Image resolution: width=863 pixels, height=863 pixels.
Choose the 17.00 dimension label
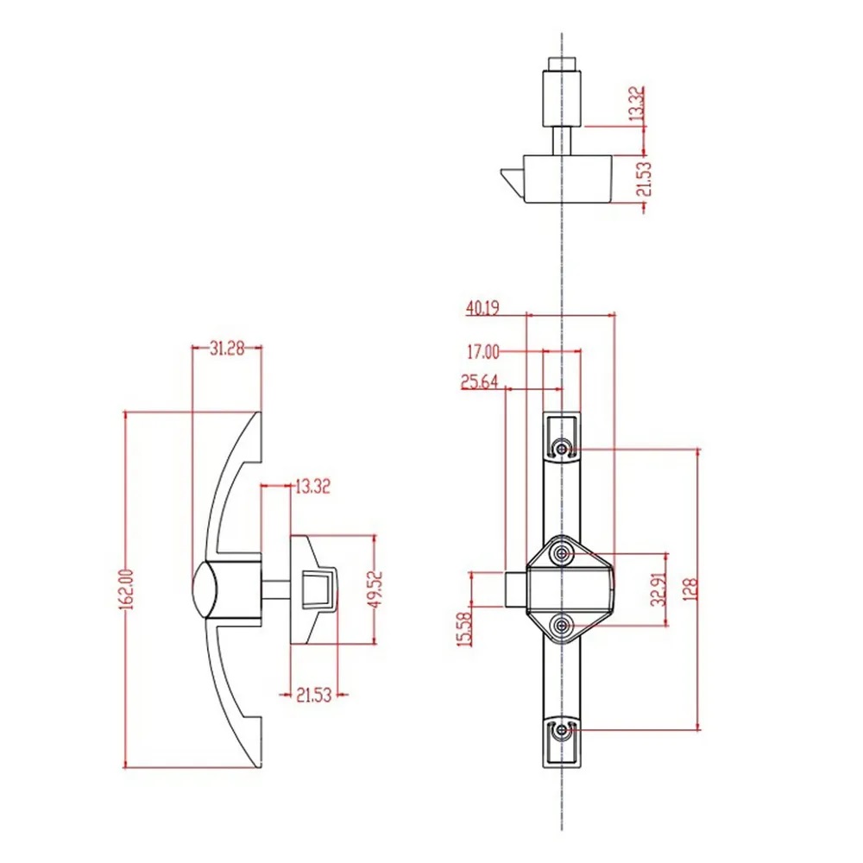pyautogui.click(x=482, y=351)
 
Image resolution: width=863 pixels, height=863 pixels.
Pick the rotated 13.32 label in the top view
pyautogui.click(x=637, y=104)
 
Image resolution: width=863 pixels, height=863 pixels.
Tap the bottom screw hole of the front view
pyautogui.click(x=563, y=730)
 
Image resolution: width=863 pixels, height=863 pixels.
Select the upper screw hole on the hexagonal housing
pyautogui.click(x=563, y=551)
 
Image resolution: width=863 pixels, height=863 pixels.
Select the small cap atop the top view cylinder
pyautogui.click(x=562, y=65)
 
